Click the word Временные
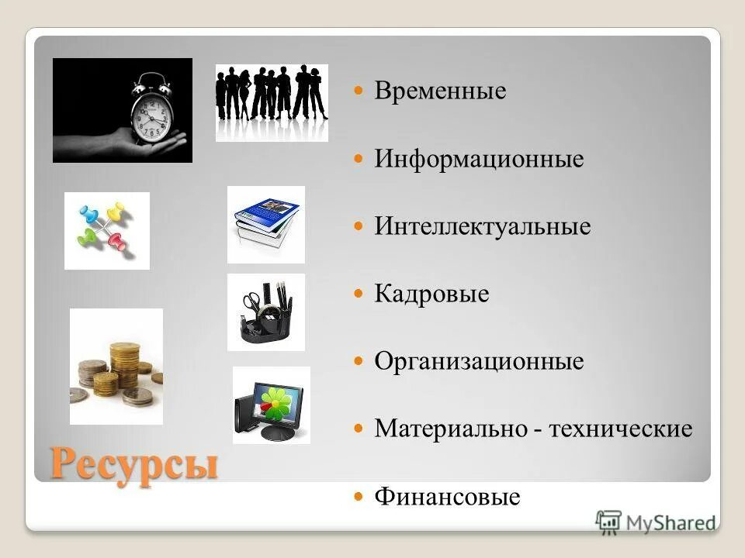pos(440,91)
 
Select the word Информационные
pos(479,160)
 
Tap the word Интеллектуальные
pos(482,227)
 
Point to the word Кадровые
pos(431,294)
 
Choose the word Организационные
pos(479,361)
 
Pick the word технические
pos(620,429)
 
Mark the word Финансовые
pos(447,496)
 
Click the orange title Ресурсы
pos(133,463)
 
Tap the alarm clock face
pos(148,117)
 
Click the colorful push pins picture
pos(106,230)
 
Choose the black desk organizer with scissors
pos(265,312)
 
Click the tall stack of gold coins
pos(124,364)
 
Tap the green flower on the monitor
pos(275,401)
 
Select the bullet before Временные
pos(359,91)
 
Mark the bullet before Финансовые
pos(359,496)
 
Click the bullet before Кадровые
pos(359,294)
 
